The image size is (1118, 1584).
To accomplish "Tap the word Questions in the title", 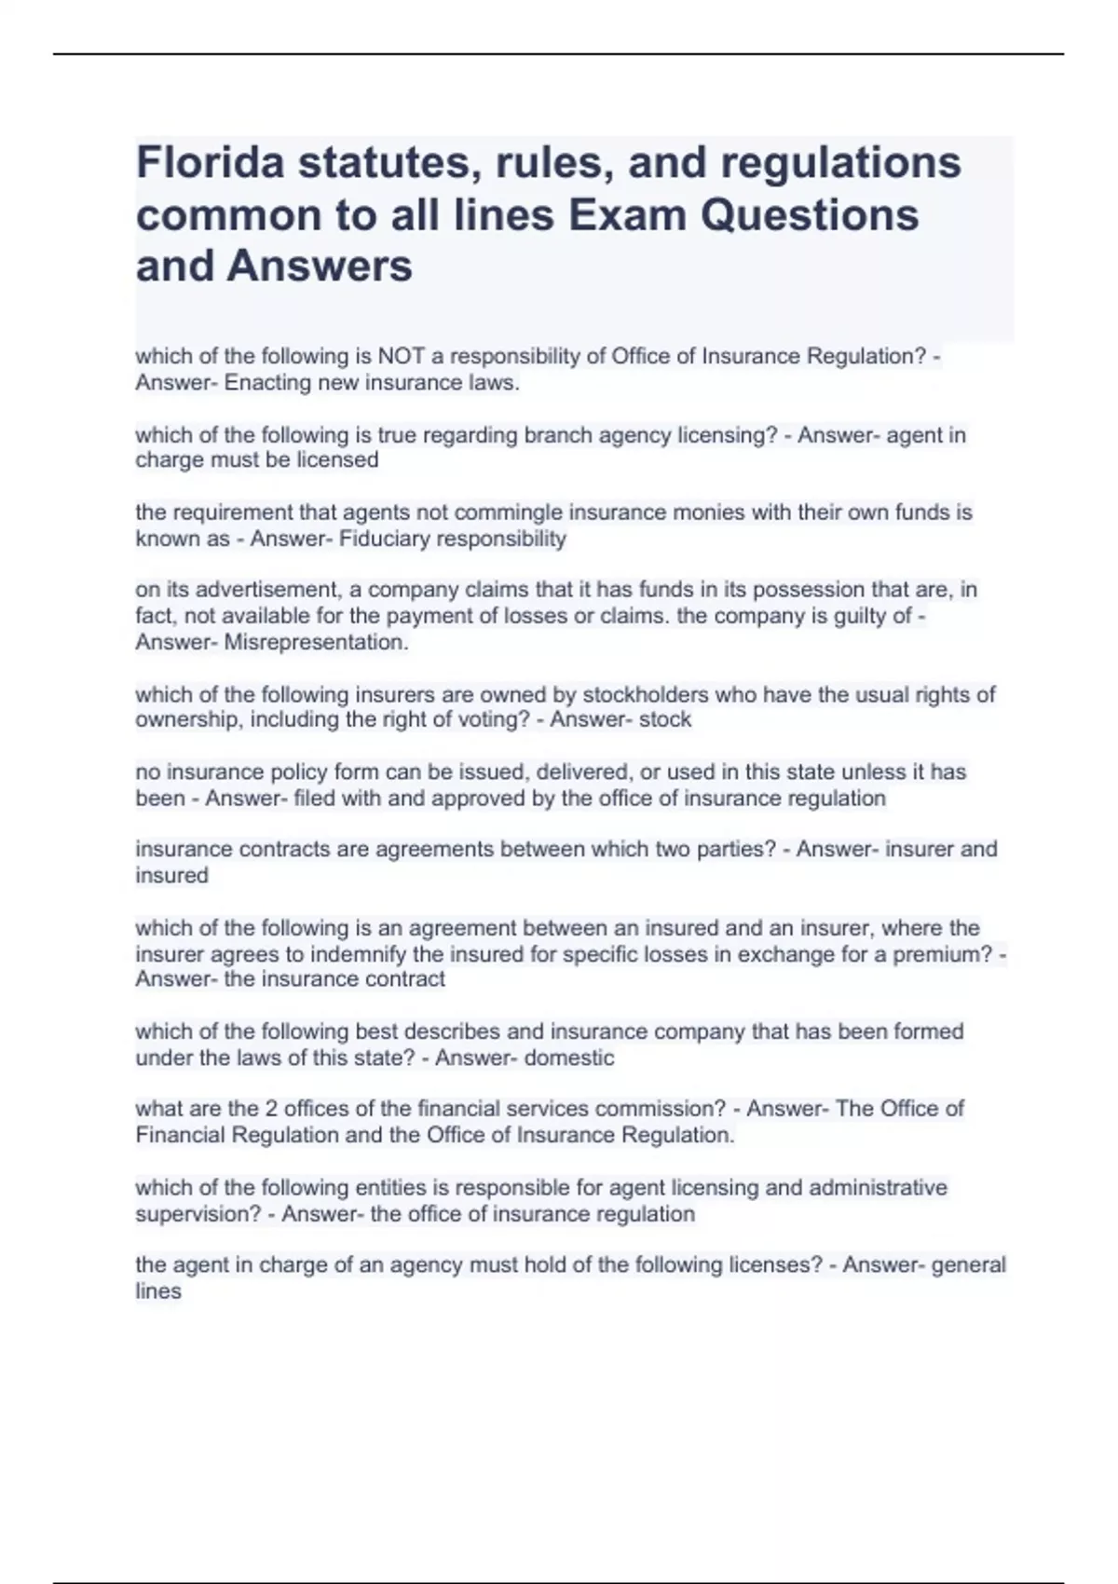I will tap(810, 214).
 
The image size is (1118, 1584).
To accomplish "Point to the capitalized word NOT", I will tap(401, 356).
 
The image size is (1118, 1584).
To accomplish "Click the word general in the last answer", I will tap(969, 1265).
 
